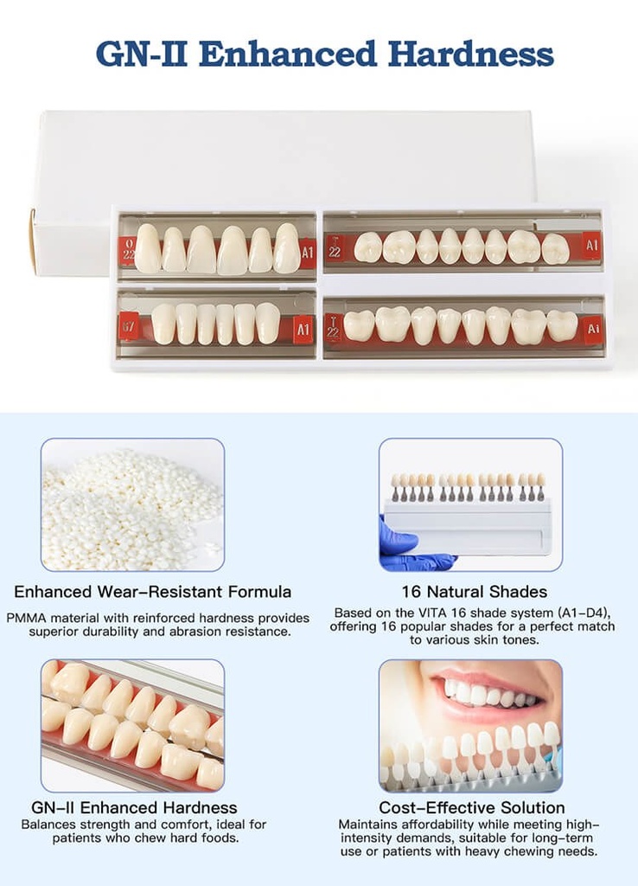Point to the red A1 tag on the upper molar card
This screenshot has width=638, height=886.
coord(591,245)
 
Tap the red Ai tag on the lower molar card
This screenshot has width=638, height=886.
coord(593,328)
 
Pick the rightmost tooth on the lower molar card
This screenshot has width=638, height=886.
coord(562,326)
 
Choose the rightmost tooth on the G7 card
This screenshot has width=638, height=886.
coord(268,323)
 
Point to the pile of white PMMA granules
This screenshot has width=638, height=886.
coord(131,510)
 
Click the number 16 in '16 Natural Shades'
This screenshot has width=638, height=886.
coord(412,592)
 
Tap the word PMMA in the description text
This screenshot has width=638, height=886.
coord(26,618)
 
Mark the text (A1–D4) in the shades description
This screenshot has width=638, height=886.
coord(585,613)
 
